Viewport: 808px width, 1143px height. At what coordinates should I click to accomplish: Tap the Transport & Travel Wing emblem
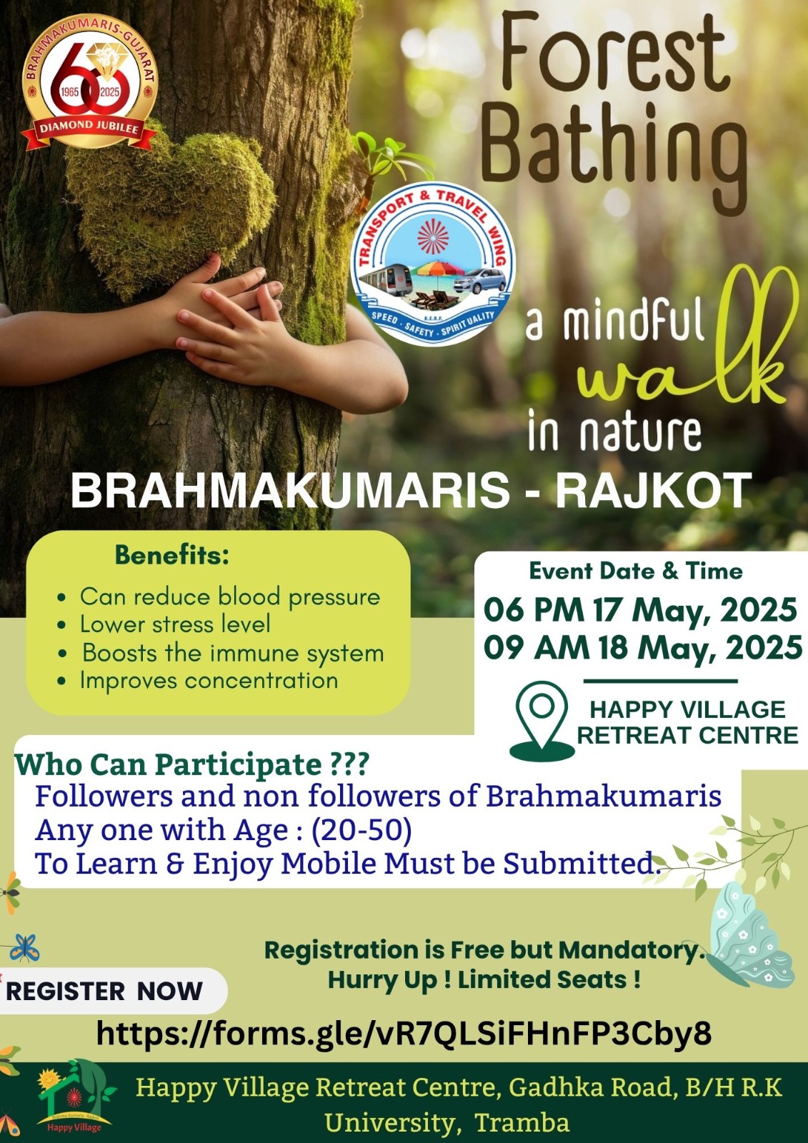[433, 264]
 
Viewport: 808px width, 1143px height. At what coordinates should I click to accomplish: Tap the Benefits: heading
[172, 556]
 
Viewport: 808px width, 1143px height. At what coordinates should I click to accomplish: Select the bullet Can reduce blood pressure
[230, 597]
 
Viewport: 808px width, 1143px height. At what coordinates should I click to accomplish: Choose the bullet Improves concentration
[209, 680]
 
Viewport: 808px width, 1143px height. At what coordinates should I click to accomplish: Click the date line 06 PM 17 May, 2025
[640, 609]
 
